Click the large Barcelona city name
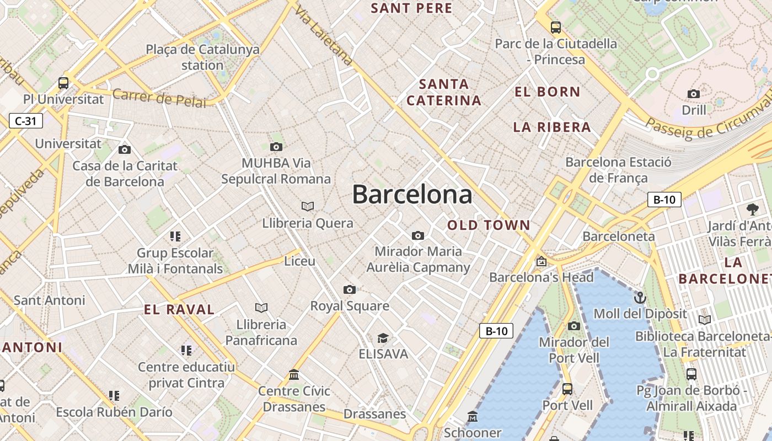point(412,195)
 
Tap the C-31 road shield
point(26,121)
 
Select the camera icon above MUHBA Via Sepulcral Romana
point(276,147)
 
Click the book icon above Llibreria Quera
point(308,206)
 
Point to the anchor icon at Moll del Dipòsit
point(640,298)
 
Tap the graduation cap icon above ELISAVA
point(383,338)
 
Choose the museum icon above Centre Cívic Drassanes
point(294,375)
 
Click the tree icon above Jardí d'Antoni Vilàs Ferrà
point(752,209)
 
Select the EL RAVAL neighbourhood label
point(179,310)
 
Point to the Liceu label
point(299,261)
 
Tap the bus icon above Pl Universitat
point(63,83)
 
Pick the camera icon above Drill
point(694,94)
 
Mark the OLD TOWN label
point(489,225)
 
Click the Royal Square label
point(350,306)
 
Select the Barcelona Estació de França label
point(618,170)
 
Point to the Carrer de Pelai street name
point(159,99)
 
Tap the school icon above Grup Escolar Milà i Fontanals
point(175,236)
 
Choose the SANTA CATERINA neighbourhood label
point(444,92)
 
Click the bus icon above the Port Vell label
point(567,389)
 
